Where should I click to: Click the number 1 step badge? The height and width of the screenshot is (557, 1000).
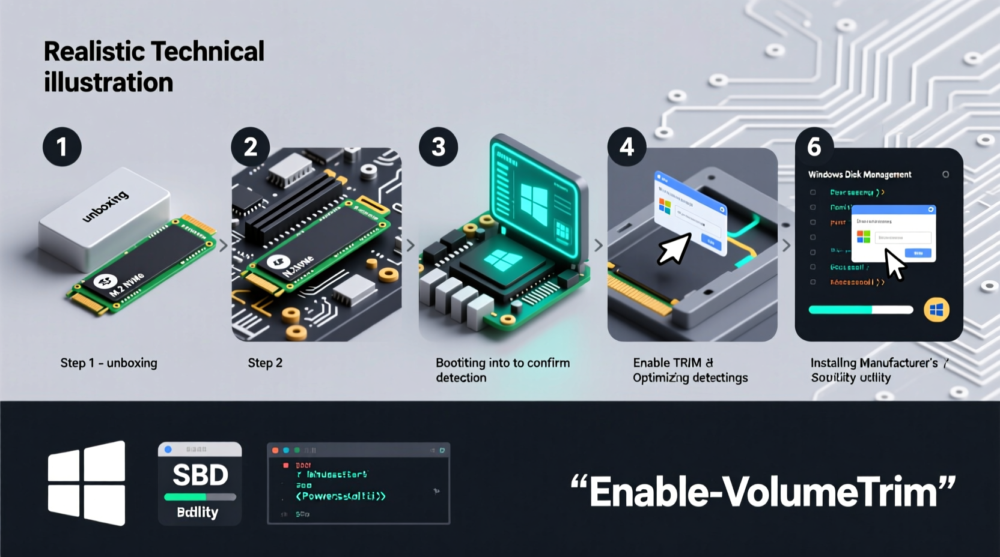click(x=62, y=147)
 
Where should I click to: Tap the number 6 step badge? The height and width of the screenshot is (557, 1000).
click(x=814, y=147)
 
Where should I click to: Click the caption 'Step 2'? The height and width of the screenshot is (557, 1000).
click(x=265, y=363)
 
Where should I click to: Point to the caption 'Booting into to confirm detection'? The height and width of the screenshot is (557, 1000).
click(x=502, y=370)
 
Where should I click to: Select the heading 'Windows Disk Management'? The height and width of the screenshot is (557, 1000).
click(x=859, y=175)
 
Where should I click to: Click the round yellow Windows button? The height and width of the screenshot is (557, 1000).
click(x=936, y=310)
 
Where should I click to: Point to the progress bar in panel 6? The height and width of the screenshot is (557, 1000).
click(x=861, y=310)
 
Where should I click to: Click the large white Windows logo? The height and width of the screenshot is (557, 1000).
click(x=87, y=483)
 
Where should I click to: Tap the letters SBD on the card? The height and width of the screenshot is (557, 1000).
click(x=200, y=475)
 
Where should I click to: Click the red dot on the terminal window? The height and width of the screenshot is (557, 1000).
click(x=275, y=450)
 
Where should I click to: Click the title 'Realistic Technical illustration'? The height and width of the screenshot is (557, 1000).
click(x=154, y=67)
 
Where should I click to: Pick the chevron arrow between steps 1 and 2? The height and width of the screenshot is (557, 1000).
click(x=224, y=245)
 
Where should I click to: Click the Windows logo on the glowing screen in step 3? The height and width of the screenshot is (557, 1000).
click(x=534, y=200)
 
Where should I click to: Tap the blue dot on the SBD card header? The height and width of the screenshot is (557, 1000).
click(x=168, y=449)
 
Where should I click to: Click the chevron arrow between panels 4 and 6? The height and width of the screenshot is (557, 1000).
click(x=786, y=245)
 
